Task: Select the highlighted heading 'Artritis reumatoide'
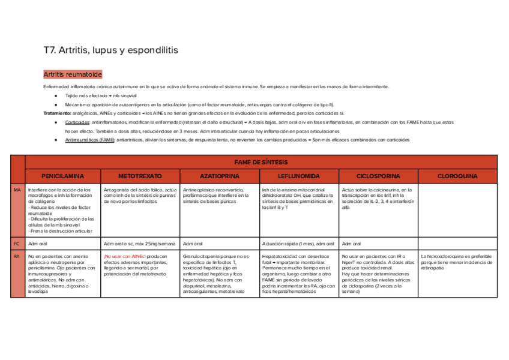coord(73,74)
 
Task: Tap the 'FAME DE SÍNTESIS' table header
coord(261,162)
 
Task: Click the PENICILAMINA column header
coord(62,176)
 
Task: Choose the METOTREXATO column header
coord(140,176)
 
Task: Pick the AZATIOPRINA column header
coord(219,176)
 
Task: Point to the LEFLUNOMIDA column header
coord(298,176)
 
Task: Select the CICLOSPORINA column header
coord(378,176)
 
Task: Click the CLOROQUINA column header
coord(457,176)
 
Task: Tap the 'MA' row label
coord(17,190)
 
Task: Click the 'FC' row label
coord(17,244)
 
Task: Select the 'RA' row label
coord(17,256)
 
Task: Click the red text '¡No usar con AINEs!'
coord(124,256)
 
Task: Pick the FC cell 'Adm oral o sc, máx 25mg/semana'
coord(139,244)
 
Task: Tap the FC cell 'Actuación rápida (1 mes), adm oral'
coord(298,244)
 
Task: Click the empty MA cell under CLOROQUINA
coord(457,210)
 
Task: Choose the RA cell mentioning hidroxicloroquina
coord(457,262)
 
